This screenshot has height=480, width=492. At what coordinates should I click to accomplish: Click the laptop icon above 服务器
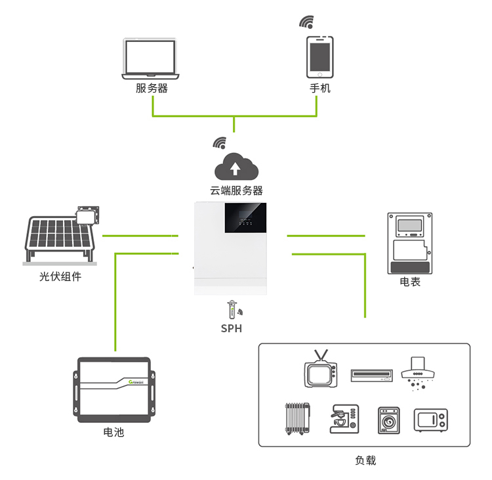(151, 58)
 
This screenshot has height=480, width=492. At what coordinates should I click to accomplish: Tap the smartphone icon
(319, 57)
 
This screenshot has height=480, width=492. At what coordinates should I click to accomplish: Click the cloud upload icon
(236, 167)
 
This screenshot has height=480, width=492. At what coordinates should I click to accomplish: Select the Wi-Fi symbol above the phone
(306, 22)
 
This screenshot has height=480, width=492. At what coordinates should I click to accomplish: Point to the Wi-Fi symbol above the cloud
(220, 143)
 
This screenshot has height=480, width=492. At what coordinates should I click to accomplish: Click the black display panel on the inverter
(245, 218)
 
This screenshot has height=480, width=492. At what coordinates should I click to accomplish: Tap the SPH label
(232, 328)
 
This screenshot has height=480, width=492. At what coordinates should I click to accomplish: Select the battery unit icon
(114, 390)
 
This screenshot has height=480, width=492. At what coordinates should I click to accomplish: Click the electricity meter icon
(410, 244)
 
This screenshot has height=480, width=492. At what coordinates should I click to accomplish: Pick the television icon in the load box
(321, 369)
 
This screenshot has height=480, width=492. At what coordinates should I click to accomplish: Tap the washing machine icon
(389, 421)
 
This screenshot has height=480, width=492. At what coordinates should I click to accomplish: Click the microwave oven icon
(431, 420)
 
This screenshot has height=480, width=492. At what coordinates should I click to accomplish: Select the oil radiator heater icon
(297, 419)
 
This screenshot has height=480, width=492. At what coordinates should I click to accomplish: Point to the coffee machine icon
(344, 420)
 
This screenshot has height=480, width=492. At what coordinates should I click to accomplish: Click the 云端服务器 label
(236, 190)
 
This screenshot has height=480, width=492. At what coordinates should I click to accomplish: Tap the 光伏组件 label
(60, 276)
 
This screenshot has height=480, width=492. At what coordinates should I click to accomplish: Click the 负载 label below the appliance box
(365, 460)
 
